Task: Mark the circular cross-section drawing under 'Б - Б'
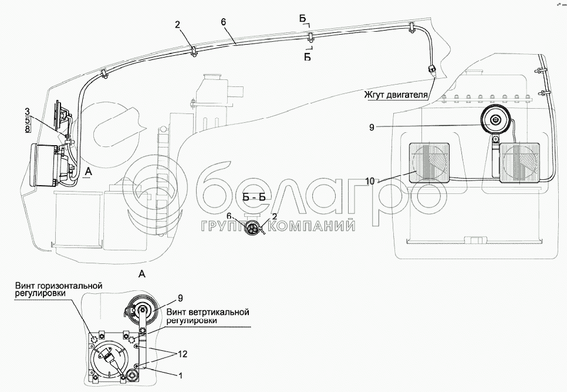tap(254, 229)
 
